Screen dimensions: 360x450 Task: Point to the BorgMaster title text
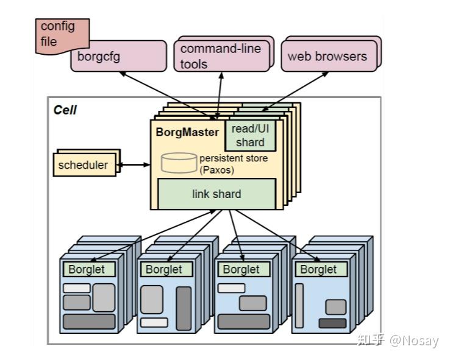[x=187, y=131]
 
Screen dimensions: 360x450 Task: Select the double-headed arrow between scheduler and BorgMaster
[x=134, y=164]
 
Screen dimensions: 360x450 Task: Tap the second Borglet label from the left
[x=163, y=269]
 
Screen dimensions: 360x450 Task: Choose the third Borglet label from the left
[x=241, y=269]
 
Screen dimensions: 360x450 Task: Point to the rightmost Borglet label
[x=318, y=269]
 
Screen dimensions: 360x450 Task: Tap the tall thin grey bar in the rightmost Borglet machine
[x=299, y=305]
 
